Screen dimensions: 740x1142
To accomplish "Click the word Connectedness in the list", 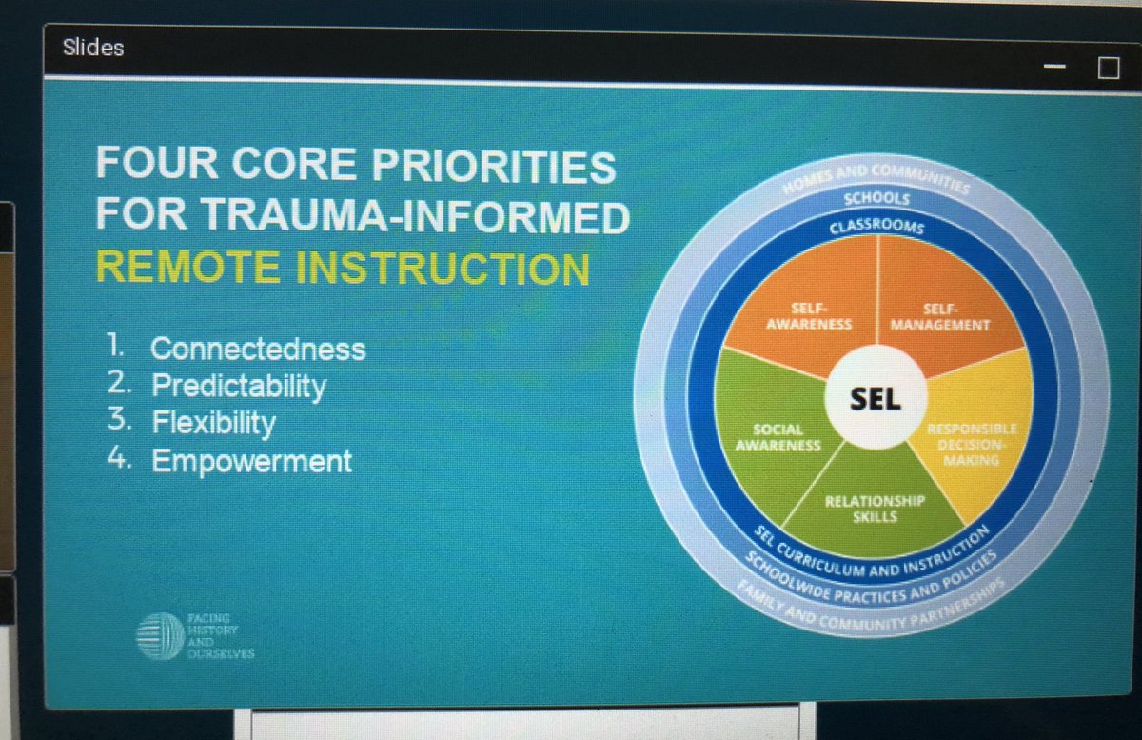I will [x=257, y=349].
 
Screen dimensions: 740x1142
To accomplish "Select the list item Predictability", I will [x=238, y=386].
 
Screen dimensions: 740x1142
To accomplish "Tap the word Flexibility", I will [x=213, y=423].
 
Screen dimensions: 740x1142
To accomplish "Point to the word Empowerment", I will [x=251, y=462].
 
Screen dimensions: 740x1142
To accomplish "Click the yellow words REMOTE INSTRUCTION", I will [x=343, y=269].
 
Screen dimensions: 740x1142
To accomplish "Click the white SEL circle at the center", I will [x=875, y=399].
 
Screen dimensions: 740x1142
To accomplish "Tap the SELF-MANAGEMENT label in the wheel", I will [x=939, y=317].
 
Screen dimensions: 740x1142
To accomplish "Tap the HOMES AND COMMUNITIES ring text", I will [x=875, y=177].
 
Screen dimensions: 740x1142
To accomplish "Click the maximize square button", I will [x=1108, y=69].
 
